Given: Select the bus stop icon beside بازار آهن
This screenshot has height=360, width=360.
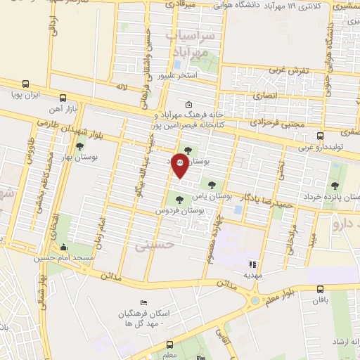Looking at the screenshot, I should point(63,98).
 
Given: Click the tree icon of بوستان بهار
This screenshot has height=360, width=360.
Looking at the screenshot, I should point(79,148).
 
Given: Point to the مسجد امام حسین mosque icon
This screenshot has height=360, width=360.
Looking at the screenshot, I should point(64,248).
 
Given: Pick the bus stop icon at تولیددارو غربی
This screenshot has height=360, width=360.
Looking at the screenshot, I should point(321,136).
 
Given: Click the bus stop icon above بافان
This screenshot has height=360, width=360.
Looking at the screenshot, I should point(321,288).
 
